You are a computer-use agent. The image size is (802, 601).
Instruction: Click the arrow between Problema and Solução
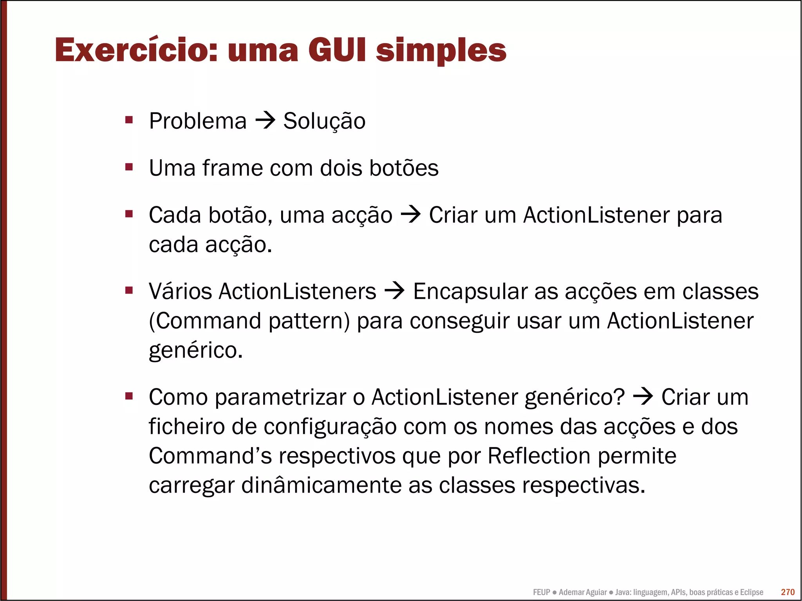pyautogui.click(x=265, y=121)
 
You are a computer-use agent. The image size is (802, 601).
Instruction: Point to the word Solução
pyautogui.click(x=324, y=121)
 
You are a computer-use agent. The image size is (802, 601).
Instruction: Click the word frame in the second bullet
pyautogui.click(x=232, y=168)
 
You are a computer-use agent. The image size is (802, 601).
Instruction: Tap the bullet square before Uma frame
pyautogui.click(x=129, y=167)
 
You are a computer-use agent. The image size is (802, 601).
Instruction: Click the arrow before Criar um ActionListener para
pyautogui.click(x=410, y=215)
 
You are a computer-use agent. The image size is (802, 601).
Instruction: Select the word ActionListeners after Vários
pyautogui.click(x=298, y=292)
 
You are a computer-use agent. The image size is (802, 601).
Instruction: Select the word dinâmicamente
pyautogui.click(x=321, y=485)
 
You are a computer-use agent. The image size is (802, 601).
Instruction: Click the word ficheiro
pyautogui.click(x=187, y=426)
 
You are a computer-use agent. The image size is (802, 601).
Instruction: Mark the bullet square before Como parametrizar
pyautogui.click(x=129, y=396)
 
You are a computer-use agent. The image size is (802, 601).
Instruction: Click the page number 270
pyautogui.click(x=788, y=592)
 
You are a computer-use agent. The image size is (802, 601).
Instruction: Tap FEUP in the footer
pyautogui.click(x=541, y=592)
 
